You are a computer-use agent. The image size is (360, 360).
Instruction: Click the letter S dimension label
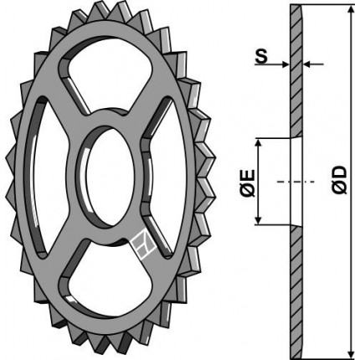[x=261, y=57]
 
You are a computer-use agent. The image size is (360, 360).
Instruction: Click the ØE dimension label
[x=247, y=183]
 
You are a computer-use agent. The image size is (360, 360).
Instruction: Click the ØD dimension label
[x=339, y=180]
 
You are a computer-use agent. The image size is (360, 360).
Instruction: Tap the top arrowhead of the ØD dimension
[x=352, y=10]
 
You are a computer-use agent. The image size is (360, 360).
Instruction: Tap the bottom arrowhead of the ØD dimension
[x=352, y=354]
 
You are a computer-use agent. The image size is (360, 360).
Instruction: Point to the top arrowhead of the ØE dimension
[x=259, y=143]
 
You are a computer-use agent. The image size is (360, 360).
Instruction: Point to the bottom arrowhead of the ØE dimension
[x=259, y=219]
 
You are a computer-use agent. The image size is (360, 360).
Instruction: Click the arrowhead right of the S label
[x=285, y=64]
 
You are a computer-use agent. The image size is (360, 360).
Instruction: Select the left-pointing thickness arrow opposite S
[x=313, y=64]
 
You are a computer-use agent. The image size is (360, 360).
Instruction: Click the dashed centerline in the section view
[x=296, y=182]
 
